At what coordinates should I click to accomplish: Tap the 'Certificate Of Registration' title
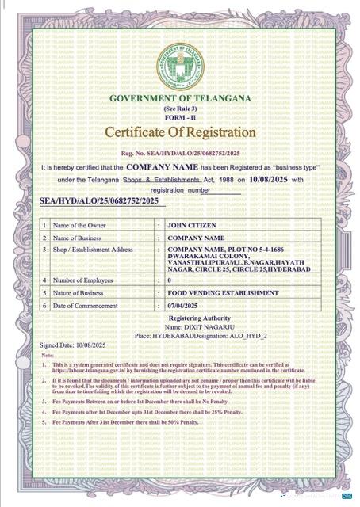(x=181, y=131)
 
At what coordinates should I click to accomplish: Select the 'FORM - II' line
(x=180, y=116)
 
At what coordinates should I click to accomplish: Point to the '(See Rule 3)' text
(x=180, y=107)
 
